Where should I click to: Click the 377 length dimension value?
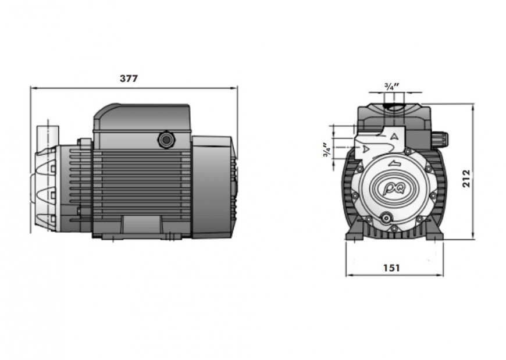(129, 79)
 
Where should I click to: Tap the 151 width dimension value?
(391, 268)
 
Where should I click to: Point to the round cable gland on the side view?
(167, 139)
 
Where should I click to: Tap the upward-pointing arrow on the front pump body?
(395, 136)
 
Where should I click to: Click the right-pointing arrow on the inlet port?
(366, 149)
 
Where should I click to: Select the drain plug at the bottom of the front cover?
(385, 219)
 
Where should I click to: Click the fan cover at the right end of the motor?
(213, 186)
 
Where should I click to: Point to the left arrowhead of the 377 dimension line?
(33, 88)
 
